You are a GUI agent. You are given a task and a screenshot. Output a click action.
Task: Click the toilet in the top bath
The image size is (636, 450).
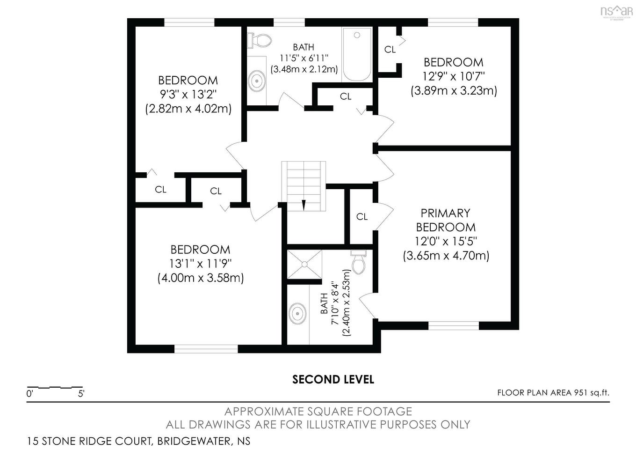point(259,41)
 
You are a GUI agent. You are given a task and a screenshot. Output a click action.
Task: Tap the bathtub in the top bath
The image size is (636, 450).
point(357,54)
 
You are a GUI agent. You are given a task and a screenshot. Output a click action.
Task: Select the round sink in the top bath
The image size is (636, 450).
point(257,81)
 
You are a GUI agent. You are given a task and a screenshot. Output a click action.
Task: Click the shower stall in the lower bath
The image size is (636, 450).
point(304,265)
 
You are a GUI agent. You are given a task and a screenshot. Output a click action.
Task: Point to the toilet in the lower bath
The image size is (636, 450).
point(359,262)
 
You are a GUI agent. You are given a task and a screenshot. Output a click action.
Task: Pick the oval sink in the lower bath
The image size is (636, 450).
point(297,313)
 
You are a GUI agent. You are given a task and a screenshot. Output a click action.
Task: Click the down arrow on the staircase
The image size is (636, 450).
point(304,205)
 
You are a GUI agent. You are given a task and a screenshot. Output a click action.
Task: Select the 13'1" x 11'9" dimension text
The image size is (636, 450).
point(201,264)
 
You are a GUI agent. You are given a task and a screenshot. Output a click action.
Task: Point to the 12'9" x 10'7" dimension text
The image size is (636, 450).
point(454,76)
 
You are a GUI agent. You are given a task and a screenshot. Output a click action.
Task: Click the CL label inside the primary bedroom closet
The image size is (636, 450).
point(362,217)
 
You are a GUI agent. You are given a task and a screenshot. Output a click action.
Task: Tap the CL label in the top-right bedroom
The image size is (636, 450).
point(390,50)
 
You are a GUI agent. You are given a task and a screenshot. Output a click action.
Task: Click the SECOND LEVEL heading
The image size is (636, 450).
point(333,379)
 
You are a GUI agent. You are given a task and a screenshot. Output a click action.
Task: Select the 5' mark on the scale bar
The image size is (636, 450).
point(81,394)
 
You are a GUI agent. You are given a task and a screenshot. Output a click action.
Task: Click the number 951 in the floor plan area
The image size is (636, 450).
point(580,392)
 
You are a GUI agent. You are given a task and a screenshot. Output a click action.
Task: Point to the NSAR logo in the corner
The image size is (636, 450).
point(616,12)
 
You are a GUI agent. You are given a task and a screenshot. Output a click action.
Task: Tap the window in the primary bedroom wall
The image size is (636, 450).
point(454,326)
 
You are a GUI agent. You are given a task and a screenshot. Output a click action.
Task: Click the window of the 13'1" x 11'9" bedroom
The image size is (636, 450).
point(206,349)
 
